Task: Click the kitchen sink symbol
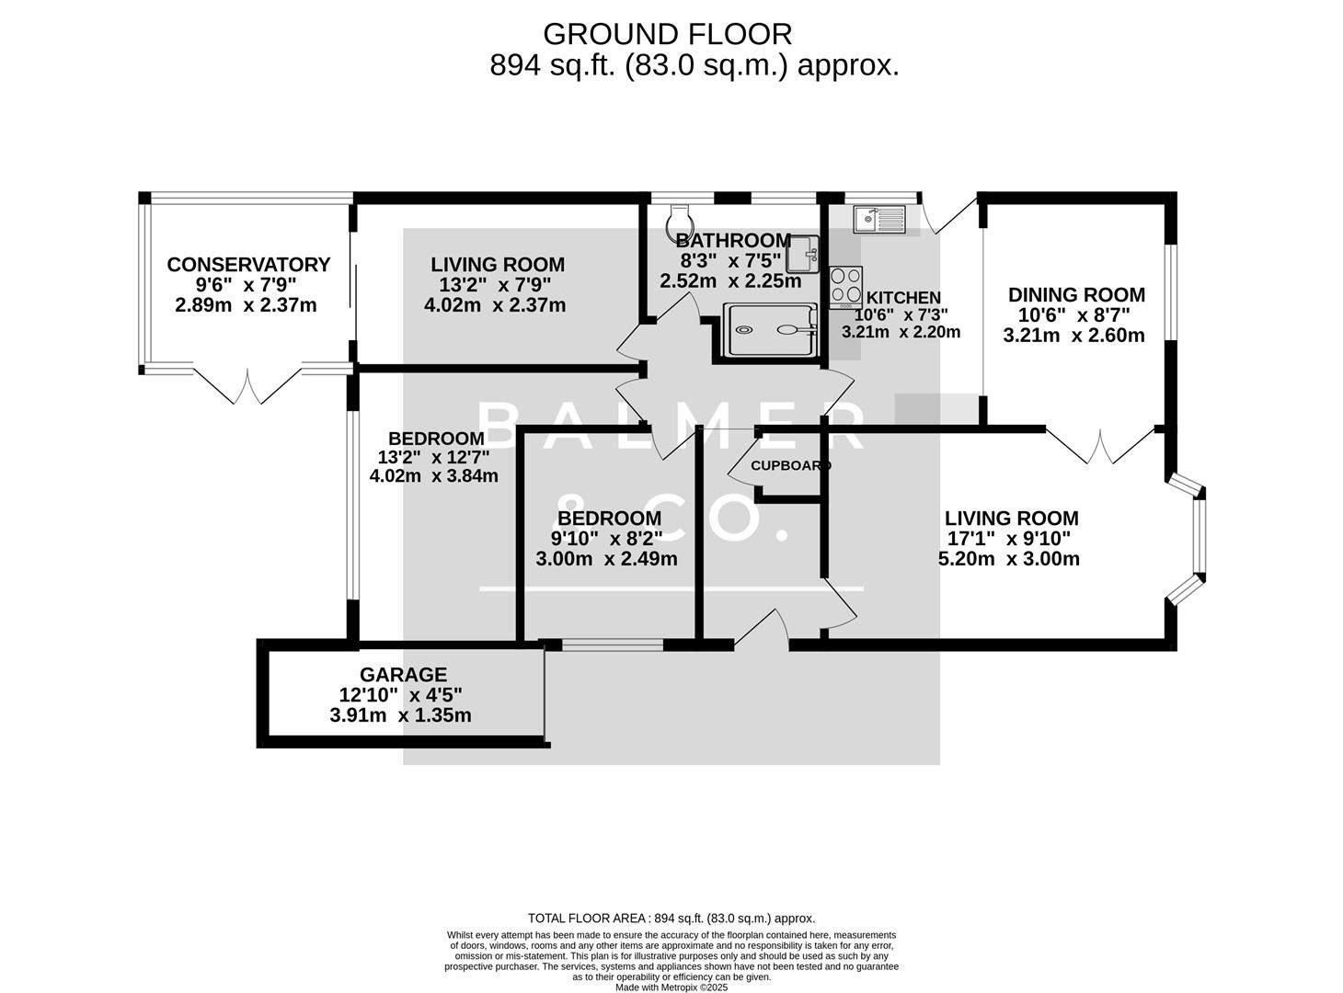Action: pyautogui.click(x=879, y=220)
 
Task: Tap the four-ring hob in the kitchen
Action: pyautogui.click(x=846, y=285)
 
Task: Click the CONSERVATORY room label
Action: pyautogui.click(x=248, y=265)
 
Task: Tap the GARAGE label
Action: pyautogui.click(x=403, y=675)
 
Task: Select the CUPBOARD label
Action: pyautogui.click(x=790, y=465)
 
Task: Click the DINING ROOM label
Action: pyautogui.click(x=1076, y=295)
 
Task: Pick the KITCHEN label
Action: pyautogui.click(x=903, y=298)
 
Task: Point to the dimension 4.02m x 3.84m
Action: pyautogui.click(x=433, y=475)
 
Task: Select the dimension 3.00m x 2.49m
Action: pyautogui.click(x=606, y=559)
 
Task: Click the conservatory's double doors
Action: pyautogui.click(x=248, y=386)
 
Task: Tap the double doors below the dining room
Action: pyautogui.click(x=1101, y=447)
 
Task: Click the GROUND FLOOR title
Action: pyautogui.click(x=667, y=34)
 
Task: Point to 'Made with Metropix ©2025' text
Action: pyautogui.click(x=671, y=987)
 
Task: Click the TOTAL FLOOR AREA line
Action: pyautogui.click(x=671, y=918)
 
